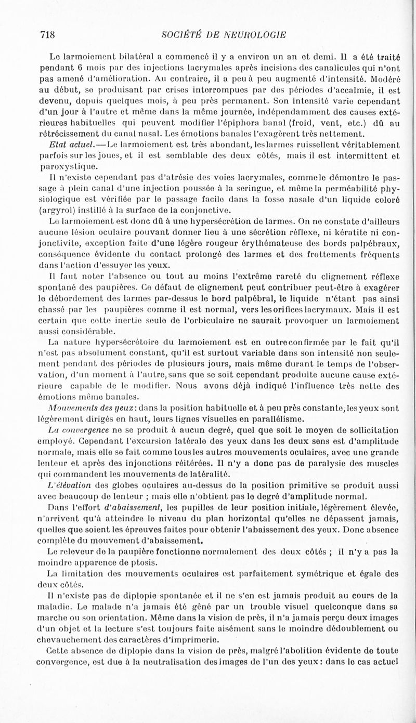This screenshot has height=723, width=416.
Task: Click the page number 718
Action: click(x=48, y=35)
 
